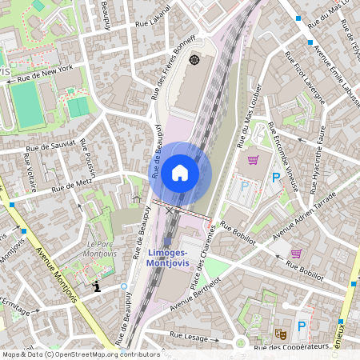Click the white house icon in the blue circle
tap(180, 172)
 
